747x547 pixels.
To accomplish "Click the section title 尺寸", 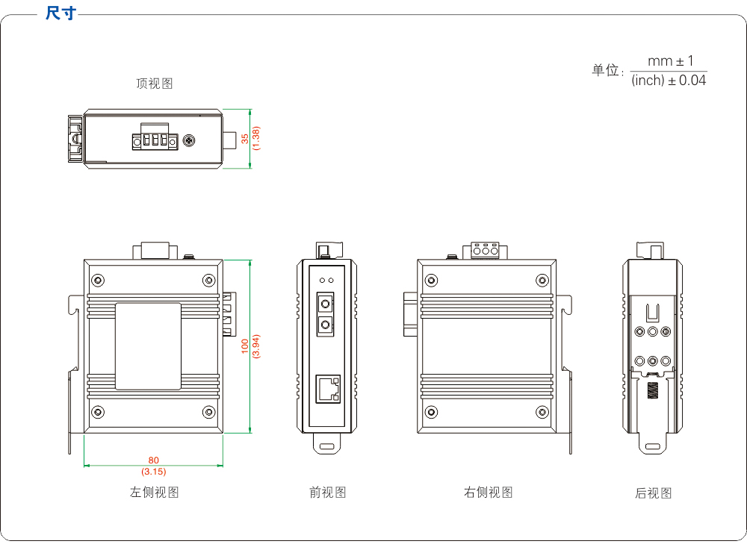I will (x=60, y=13).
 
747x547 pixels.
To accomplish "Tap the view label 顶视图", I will (x=154, y=84).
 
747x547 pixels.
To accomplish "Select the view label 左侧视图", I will (x=154, y=492).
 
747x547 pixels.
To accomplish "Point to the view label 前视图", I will (x=327, y=492).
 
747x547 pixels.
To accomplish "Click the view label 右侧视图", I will (x=488, y=492).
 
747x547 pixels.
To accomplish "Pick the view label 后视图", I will (x=653, y=493).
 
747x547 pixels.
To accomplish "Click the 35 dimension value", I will (x=245, y=139).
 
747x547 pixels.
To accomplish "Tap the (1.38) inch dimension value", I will (x=256, y=139).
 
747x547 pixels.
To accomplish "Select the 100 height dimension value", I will (x=245, y=346).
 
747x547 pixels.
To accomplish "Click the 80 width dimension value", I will (x=154, y=460).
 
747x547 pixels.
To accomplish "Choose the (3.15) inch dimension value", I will (x=154, y=471).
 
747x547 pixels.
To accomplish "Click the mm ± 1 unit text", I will (x=670, y=61).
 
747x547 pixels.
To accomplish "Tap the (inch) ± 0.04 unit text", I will (x=669, y=81).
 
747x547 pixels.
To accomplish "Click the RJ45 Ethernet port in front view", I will (x=327, y=387).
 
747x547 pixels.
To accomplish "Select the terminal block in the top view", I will (x=155, y=140).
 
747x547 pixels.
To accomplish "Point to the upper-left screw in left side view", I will (x=98, y=281).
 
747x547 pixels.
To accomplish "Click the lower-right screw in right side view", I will (x=542, y=412).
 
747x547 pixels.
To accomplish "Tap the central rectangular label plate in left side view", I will (x=148, y=346).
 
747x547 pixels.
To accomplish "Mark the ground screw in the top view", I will (x=190, y=140).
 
